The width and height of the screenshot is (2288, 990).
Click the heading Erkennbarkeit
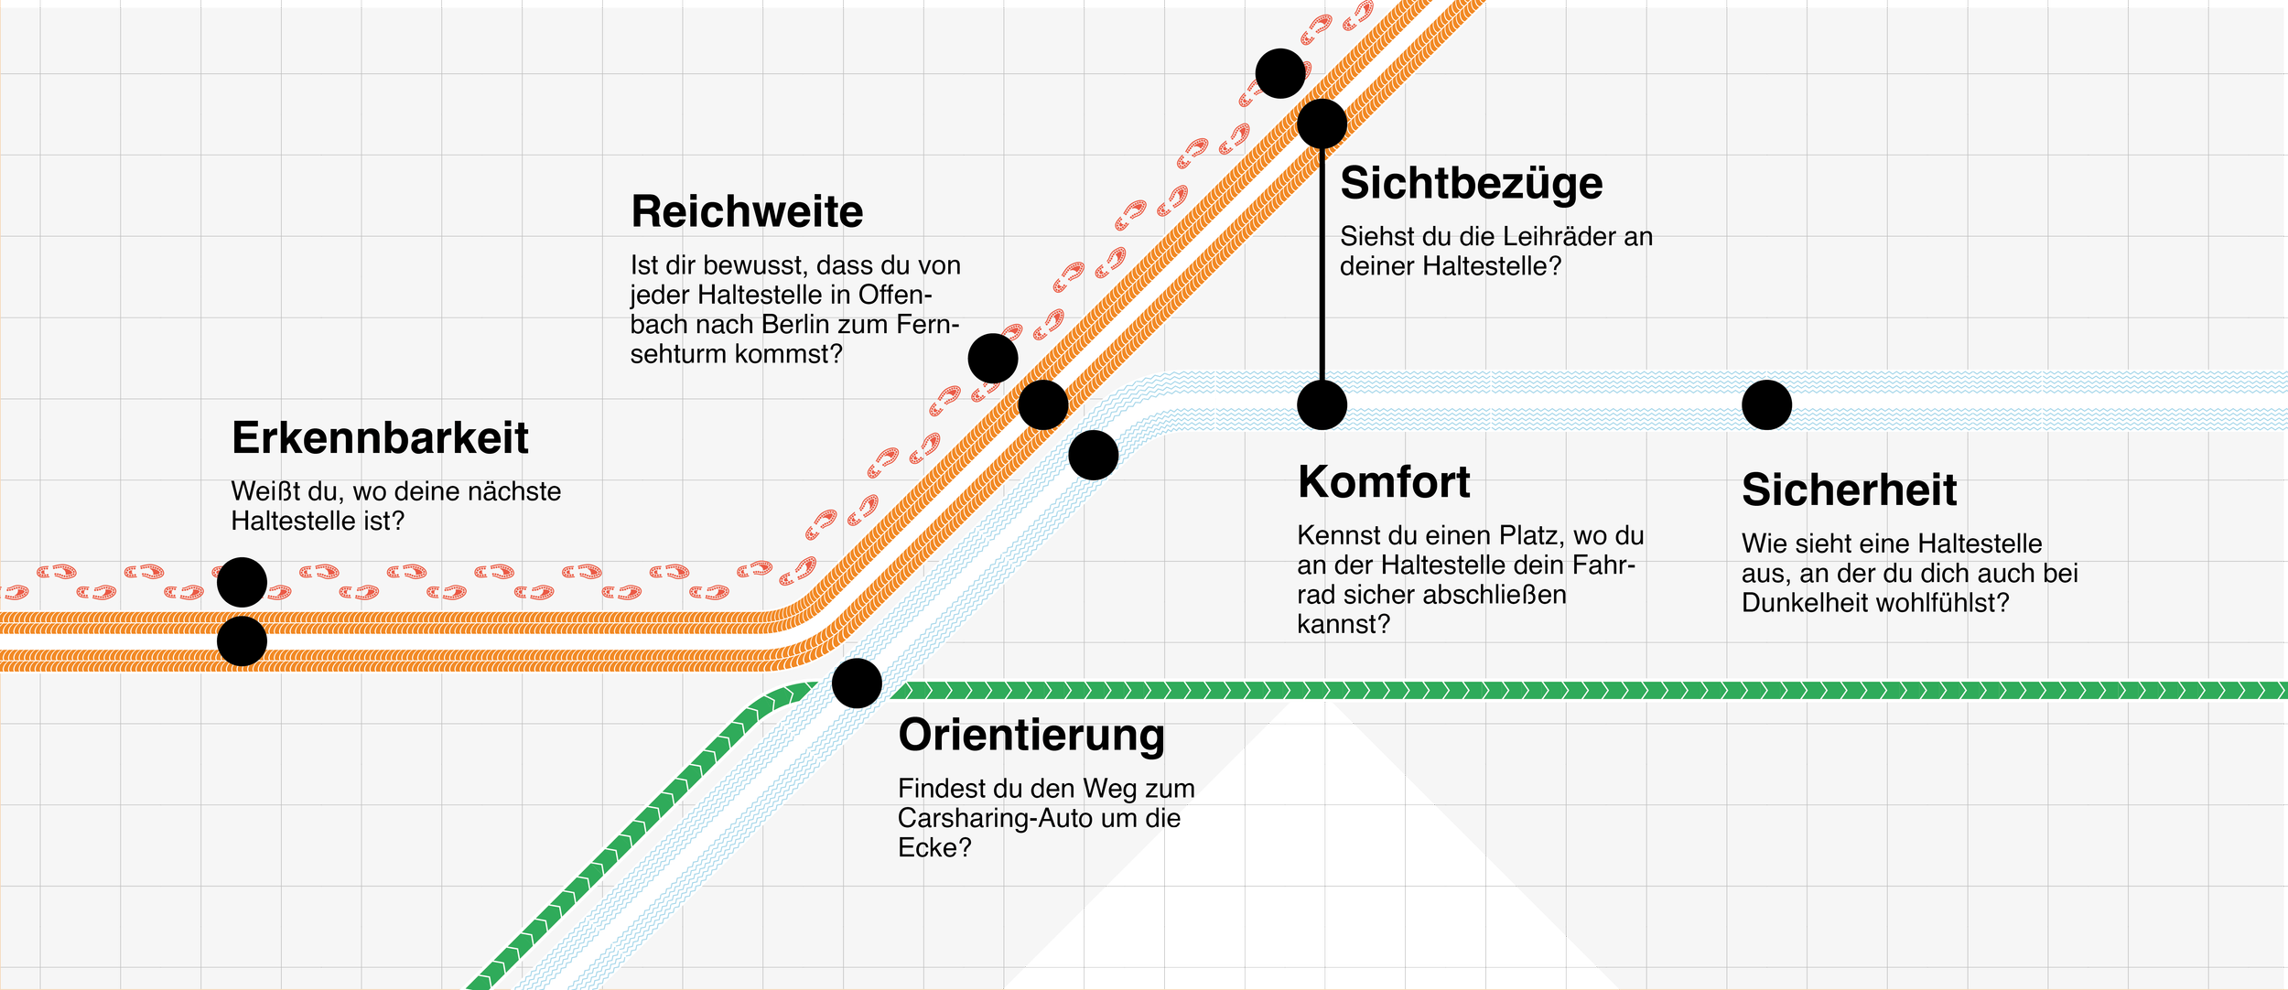click(x=380, y=438)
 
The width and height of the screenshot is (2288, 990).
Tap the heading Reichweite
click(x=747, y=212)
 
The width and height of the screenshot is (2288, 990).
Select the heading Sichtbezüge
click(x=1471, y=184)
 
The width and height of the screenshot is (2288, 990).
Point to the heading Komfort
click(x=1384, y=482)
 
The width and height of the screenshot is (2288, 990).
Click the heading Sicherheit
click(x=1849, y=490)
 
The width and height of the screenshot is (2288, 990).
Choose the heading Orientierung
click(x=1031, y=736)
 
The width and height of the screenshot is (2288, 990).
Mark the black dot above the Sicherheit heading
click(x=1766, y=405)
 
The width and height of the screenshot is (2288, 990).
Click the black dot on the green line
click(x=857, y=683)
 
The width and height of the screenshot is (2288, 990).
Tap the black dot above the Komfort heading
click(x=1322, y=405)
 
